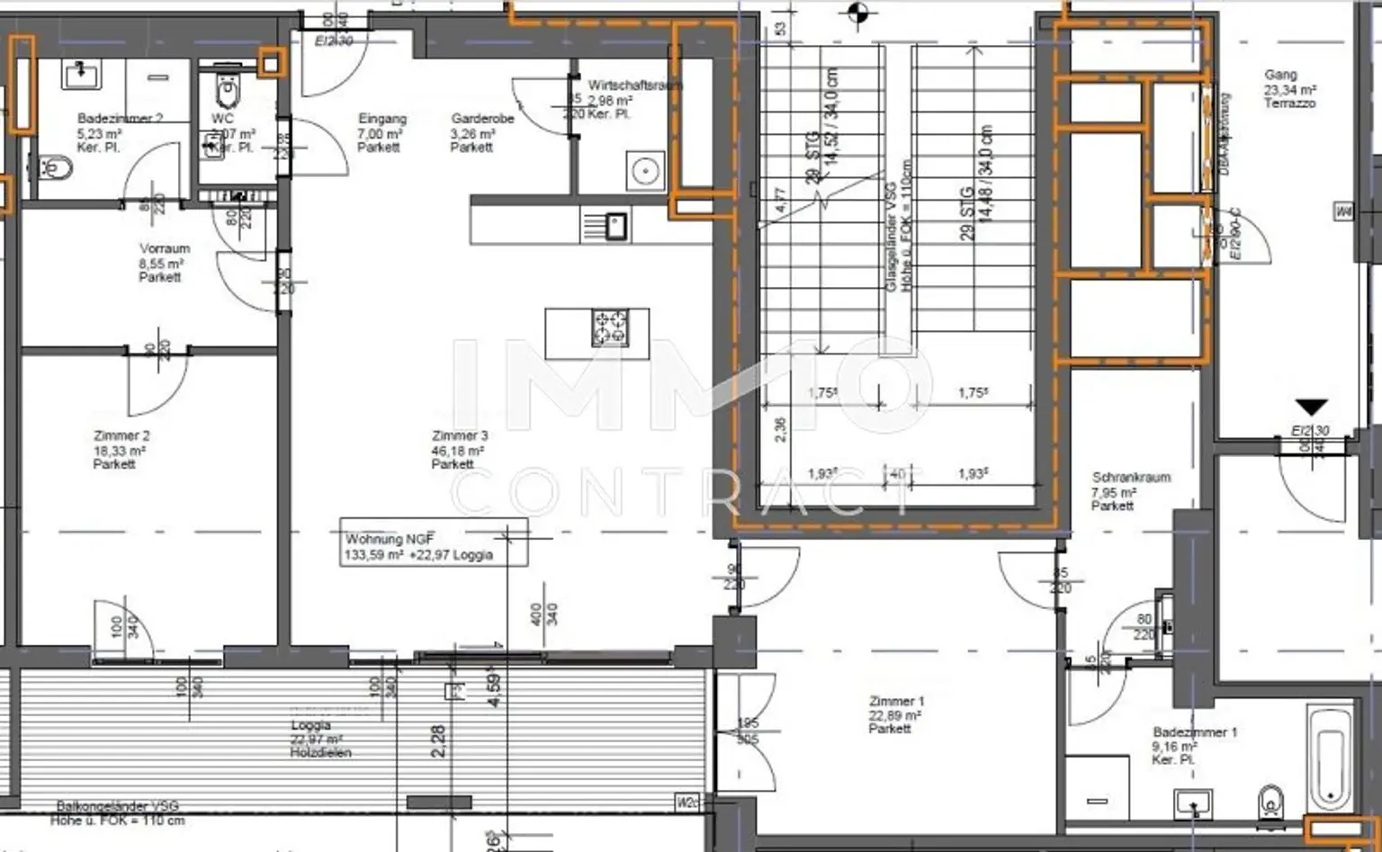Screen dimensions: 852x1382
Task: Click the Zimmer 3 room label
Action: pyautogui.click(x=458, y=450)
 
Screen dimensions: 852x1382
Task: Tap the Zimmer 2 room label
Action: pyautogui.click(x=121, y=450)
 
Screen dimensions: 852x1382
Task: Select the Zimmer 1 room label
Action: pyautogui.click(x=895, y=714)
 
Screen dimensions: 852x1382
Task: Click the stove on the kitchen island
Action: pyautogui.click(x=610, y=328)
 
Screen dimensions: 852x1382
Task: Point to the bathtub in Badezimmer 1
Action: pyautogui.click(x=1330, y=758)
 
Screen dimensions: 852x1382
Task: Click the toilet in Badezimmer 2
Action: pyautogui.click(x=56, y=168)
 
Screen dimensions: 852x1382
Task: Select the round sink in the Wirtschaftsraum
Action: pyautogui.click(x=645, y=170)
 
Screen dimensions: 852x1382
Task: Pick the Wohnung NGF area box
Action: pyautogui.click(x=433, y=543)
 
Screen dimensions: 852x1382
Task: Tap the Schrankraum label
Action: pyautogui.click(x=1130, y=491)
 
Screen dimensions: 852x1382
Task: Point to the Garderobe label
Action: pyautogui.click(x=482, y=132)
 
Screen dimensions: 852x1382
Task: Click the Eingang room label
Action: pyautogui.click(x=381, y=132)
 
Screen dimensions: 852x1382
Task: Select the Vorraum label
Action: pyautogui.click(x=164, y=262)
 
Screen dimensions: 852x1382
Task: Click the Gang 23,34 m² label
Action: pyautogui.click(x=1288, y=88)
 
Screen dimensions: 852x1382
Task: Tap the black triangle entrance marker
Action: pyautogui.click(x=1311, y=408)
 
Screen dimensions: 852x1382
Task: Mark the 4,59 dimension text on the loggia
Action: pyautogui.click(x=494, y=687)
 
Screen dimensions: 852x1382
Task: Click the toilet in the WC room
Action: pyautogui.click(x=228, y=91)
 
